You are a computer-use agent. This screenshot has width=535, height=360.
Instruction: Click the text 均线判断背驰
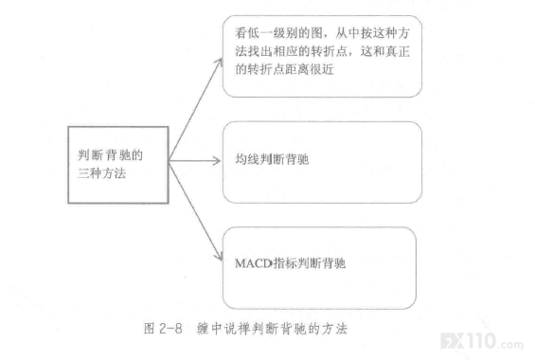click(x=272, y=159)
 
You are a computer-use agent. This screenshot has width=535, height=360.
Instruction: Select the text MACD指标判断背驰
click(x=291, y=263)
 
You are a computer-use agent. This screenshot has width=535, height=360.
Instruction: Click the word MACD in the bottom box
click(x=254, y=263)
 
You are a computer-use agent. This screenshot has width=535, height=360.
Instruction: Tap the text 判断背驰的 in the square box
click(x=110, y=155)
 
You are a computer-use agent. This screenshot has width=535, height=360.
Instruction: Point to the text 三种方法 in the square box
click(x=101, y=173)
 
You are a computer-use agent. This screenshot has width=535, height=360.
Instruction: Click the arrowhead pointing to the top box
click(x=219, y=63)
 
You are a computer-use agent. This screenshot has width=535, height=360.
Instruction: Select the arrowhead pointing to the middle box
click(x=216, y=160)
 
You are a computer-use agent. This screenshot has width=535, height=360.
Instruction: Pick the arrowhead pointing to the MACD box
click(x=219, y=256)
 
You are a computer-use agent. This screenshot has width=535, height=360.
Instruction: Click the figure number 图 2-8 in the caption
click(x=163, y=329)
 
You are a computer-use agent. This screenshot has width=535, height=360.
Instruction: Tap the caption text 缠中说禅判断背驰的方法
click(x=272, y=329)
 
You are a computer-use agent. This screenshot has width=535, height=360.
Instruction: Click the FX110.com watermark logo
click(x=482, y=342)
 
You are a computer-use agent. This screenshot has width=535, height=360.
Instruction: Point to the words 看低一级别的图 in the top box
click(x=278, y=33)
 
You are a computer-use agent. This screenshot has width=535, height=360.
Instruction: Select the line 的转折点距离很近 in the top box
click(x=284, y=69)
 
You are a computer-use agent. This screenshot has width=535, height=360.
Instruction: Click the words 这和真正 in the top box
click(x=385, y=51)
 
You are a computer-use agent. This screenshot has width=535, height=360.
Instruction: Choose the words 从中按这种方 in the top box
click(x=372, y=33)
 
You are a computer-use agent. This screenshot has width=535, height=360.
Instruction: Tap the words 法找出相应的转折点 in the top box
click(x=291, y=51)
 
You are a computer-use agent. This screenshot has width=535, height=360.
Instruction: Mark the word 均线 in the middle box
click(x=247, y=159)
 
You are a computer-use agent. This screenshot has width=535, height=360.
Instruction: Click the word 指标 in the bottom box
click(x=285, y=263)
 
